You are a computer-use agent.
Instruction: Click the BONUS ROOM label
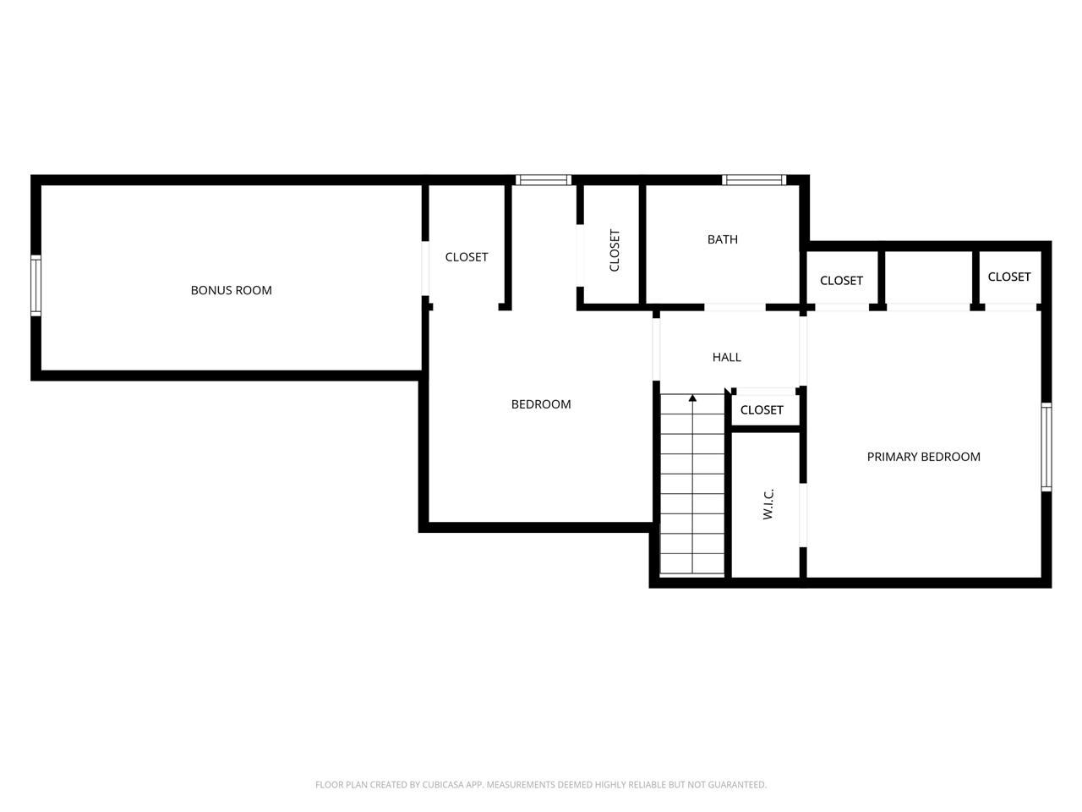231,290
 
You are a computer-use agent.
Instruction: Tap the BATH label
722,239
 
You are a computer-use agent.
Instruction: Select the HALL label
726,357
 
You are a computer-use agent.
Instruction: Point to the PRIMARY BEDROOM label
923,457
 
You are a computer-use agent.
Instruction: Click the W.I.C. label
768,504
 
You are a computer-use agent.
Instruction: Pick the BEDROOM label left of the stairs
541,404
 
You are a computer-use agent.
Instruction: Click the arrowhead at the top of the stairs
692,398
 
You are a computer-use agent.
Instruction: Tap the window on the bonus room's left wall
36,285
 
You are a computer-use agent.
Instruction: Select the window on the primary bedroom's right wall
1046,447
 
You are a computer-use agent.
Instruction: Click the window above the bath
754,180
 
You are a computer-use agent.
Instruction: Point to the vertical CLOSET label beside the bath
615,250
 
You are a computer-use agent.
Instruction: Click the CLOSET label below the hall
762,409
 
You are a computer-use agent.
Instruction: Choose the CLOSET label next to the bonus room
467,257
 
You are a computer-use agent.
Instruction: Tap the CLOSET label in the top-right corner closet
1009,277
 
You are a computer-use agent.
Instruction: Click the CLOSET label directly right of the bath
841,281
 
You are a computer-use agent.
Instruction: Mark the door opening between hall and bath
735,307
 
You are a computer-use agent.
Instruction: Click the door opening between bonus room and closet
425,268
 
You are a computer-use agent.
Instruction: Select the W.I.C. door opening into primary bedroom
802,515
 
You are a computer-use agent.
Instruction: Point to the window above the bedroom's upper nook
544,180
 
